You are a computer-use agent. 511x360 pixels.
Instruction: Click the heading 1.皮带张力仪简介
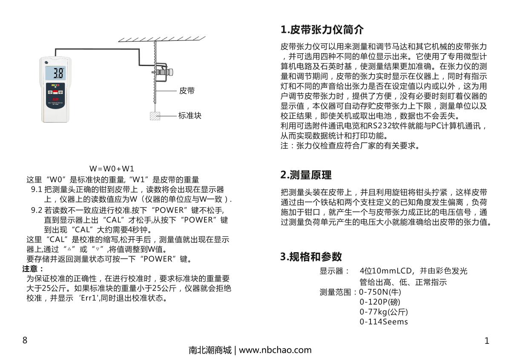[322, 30]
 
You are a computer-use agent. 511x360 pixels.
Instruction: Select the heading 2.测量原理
[306, 175]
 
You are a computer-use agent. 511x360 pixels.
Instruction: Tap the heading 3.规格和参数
[311, 256]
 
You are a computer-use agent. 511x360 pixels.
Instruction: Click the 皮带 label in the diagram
[187, 91]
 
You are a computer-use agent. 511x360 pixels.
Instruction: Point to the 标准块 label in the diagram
[190, 115]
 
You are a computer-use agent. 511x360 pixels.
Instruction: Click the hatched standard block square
[155, 115]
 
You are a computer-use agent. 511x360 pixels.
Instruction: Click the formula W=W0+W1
[112, 168]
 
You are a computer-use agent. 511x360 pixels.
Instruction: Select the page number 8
[25, 340]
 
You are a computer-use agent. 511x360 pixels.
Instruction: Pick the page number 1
[487, 340]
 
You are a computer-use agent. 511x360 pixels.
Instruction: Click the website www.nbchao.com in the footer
[275, 350]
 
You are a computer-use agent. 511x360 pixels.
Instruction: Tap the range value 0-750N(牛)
[380, 292]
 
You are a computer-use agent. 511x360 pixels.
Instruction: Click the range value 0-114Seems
[384, 322]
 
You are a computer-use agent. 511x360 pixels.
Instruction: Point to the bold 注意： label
[33, 268]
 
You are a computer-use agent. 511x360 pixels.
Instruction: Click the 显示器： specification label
[335, 271]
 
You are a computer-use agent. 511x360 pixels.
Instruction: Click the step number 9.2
[37, 210]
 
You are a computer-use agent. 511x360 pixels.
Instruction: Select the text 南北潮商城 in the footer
[210, 350]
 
